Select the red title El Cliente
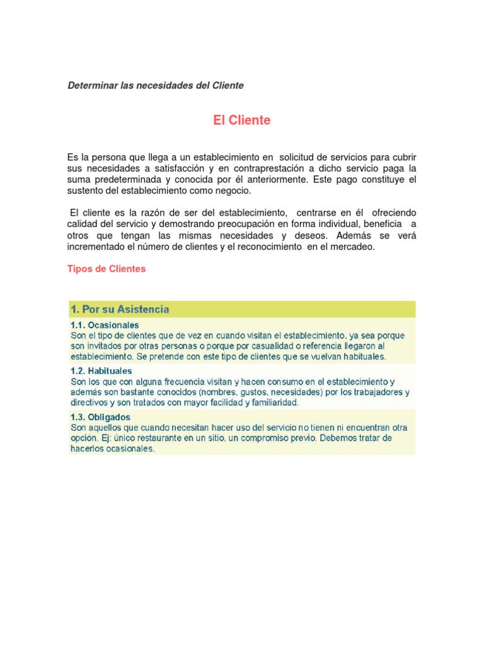(x=241, y=120)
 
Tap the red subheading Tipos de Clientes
(x=107, y=269)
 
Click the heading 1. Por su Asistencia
(x=120, y=309)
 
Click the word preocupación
(x=223, y=224)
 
